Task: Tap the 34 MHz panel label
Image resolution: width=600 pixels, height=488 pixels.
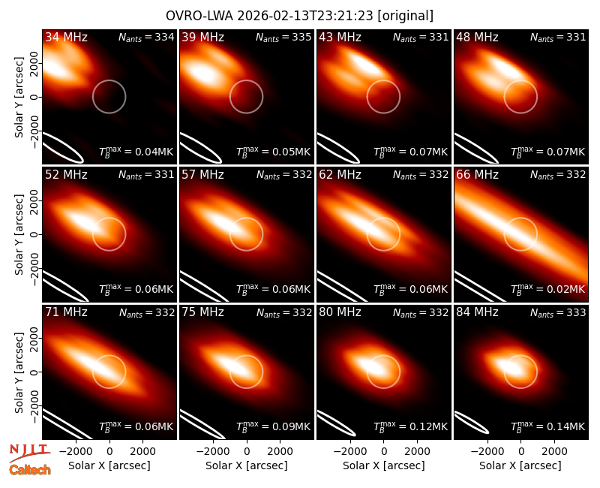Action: (66, 37)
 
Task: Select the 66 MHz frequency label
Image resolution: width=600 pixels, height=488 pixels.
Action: (477, 175)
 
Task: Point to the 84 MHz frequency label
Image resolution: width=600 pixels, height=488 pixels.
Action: (477, 312)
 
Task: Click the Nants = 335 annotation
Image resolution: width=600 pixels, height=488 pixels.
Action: (283, 38)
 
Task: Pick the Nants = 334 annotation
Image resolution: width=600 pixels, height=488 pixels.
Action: (146, 38)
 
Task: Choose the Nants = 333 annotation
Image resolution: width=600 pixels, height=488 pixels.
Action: (558, 313)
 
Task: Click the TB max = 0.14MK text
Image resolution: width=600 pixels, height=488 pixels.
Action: (548, 426)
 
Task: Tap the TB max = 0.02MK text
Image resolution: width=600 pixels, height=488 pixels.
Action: (548, 289)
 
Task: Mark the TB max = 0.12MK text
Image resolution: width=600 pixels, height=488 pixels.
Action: (410, 426)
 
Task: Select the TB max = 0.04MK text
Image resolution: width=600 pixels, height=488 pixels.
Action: (136, 152)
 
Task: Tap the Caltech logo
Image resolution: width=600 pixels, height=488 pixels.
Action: (30, 470)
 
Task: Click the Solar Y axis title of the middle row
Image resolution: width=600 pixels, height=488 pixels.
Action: (19, 234)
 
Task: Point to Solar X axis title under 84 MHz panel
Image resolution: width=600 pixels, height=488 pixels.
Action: (520, 465)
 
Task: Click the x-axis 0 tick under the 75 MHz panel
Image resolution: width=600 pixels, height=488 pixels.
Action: (247, 451)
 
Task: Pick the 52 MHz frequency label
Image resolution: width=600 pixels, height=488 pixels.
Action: (66, 175)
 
